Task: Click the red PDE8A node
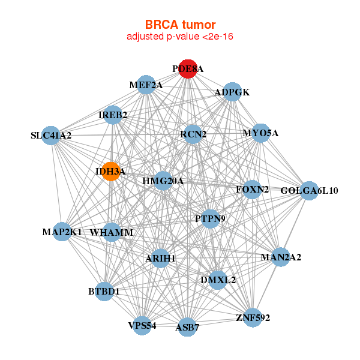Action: click(x=188, y=69)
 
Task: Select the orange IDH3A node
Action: click(x=110, y=172)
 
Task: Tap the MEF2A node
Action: click(x=146, y=85)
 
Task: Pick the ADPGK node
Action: click(x=232, y=92)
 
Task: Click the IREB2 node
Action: click(x=113, y=115)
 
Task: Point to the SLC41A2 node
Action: click(x=52, y=135)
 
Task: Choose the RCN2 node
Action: click(x=193, y=134)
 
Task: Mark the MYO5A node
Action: click(x=260, y=133)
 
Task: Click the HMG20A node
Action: click(x=163, y=181)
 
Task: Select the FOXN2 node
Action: click(x=253, y=190)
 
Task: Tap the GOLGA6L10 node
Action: click(x=309, y=191)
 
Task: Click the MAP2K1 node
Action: click(x=62, y=232)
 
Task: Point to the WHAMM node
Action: click(x=112, y=232)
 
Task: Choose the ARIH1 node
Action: click(x=160, y=258)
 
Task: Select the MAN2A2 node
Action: click(x=281, y=257)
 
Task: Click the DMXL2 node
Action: click(x=218, y=280)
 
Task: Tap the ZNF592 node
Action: click(x=253, y=317)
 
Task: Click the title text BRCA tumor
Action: click(x=180, y=25)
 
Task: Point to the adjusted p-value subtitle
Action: click(x=180, y=37)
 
